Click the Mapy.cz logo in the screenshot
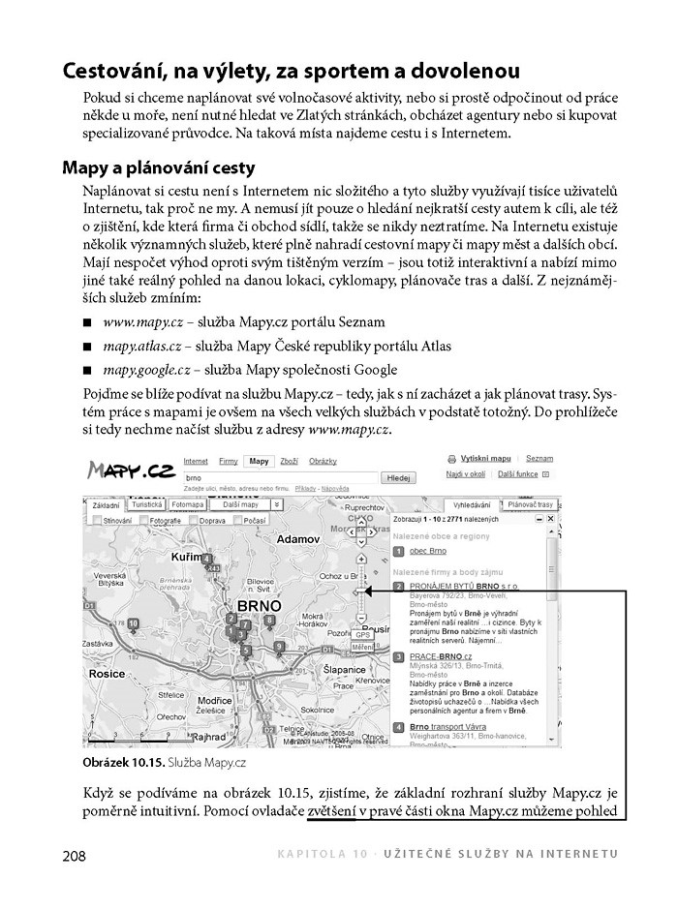(x=131, y=471)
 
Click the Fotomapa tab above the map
(x=186, y=505)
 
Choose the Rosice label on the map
(x=107, y=673)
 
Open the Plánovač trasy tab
(x=529, y=505)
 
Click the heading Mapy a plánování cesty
(x=157, y=167)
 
